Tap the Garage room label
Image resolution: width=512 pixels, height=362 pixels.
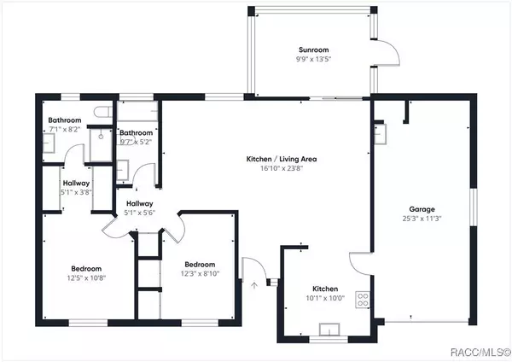[x=422, y=208]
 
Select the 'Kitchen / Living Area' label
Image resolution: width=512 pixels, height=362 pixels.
[x=274, y=160]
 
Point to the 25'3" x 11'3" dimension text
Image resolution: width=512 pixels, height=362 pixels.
[x=422, y=219]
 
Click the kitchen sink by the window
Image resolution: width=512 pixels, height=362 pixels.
[x=328, y=330]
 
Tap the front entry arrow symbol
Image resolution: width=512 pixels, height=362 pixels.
[x=253, y=287]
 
